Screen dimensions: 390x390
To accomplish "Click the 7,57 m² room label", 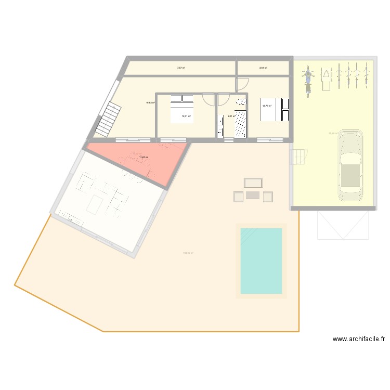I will click(x=181, y=68).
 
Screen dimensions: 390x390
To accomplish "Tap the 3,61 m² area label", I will click(x=263, y=68).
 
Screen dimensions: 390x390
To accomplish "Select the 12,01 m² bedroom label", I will click(x=186, y=116).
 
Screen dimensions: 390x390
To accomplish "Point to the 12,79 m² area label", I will click(x=267, y=106).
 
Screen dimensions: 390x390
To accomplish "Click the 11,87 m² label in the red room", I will click(x=144, y=158).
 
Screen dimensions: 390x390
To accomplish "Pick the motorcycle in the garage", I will click(x=307, y=79).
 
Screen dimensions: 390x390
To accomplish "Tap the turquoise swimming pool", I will click(x=261, y=261).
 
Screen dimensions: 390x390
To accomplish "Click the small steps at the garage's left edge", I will click(x=298, y=156).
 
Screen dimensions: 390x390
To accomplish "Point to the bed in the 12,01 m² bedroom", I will click(x=181, y=109).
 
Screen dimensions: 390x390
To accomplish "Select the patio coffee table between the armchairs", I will click(x=253, y=195).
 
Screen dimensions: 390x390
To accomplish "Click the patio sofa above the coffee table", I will click(x=253, y=183).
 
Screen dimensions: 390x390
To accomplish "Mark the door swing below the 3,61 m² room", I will click(x=242, y=84).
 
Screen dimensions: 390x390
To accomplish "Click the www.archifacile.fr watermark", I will click(x=359, y=339).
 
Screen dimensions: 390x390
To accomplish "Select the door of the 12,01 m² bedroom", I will click(x=208, y=99).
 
